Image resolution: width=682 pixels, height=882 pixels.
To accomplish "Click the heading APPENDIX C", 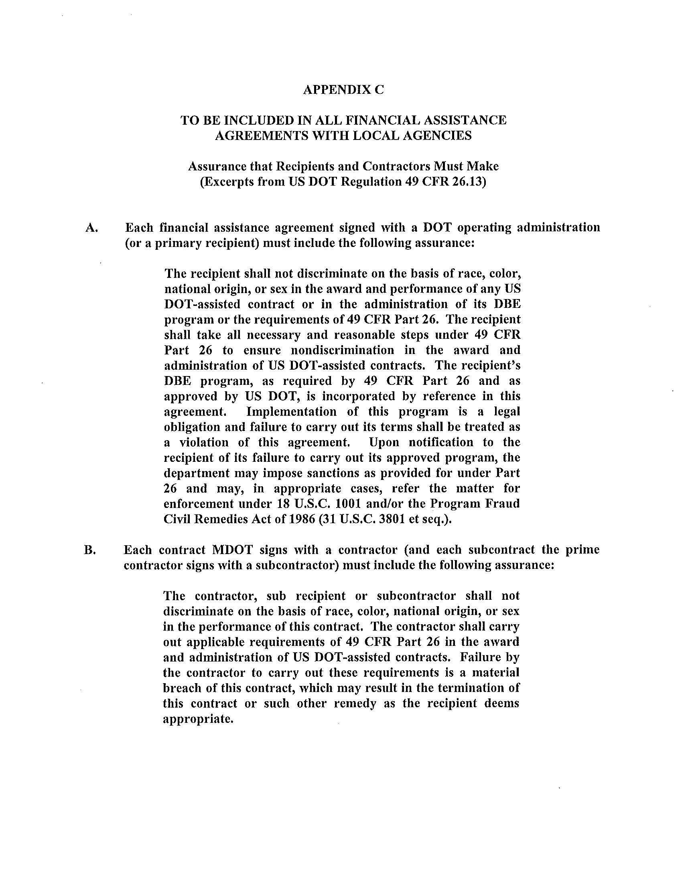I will tap(343, 90).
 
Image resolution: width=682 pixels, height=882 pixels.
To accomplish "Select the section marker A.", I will tap(91, 228).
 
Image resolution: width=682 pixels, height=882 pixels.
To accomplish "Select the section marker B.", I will tap(89, 550).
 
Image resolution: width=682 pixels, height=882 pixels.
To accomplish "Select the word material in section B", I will tap(496, 672).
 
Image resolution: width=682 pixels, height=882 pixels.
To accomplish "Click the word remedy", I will tap(355, 703).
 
